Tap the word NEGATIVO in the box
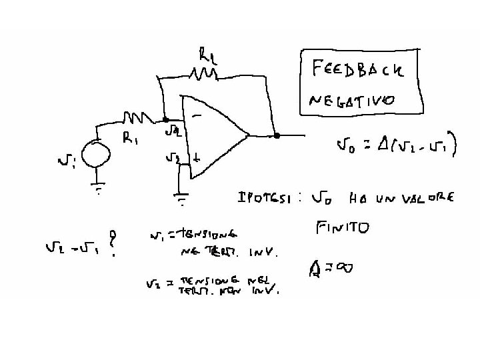pyautogui.click(x=351, y=101)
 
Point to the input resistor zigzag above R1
pyautogui.click(x=138, y=118)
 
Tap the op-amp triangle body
pyautogui.click(x=213, y=137)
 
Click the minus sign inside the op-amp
pyautogui.click(x=197, y=114)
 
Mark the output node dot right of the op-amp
pyautogui.click(x=276, y=135)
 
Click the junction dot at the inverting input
pyautogui.click(x=165, y=121)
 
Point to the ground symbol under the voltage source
pyautogui.click(x=99, y=189)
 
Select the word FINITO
pyautogui.click(x=342, y=229)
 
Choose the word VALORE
pyautogui.click(x=427, y=199)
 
